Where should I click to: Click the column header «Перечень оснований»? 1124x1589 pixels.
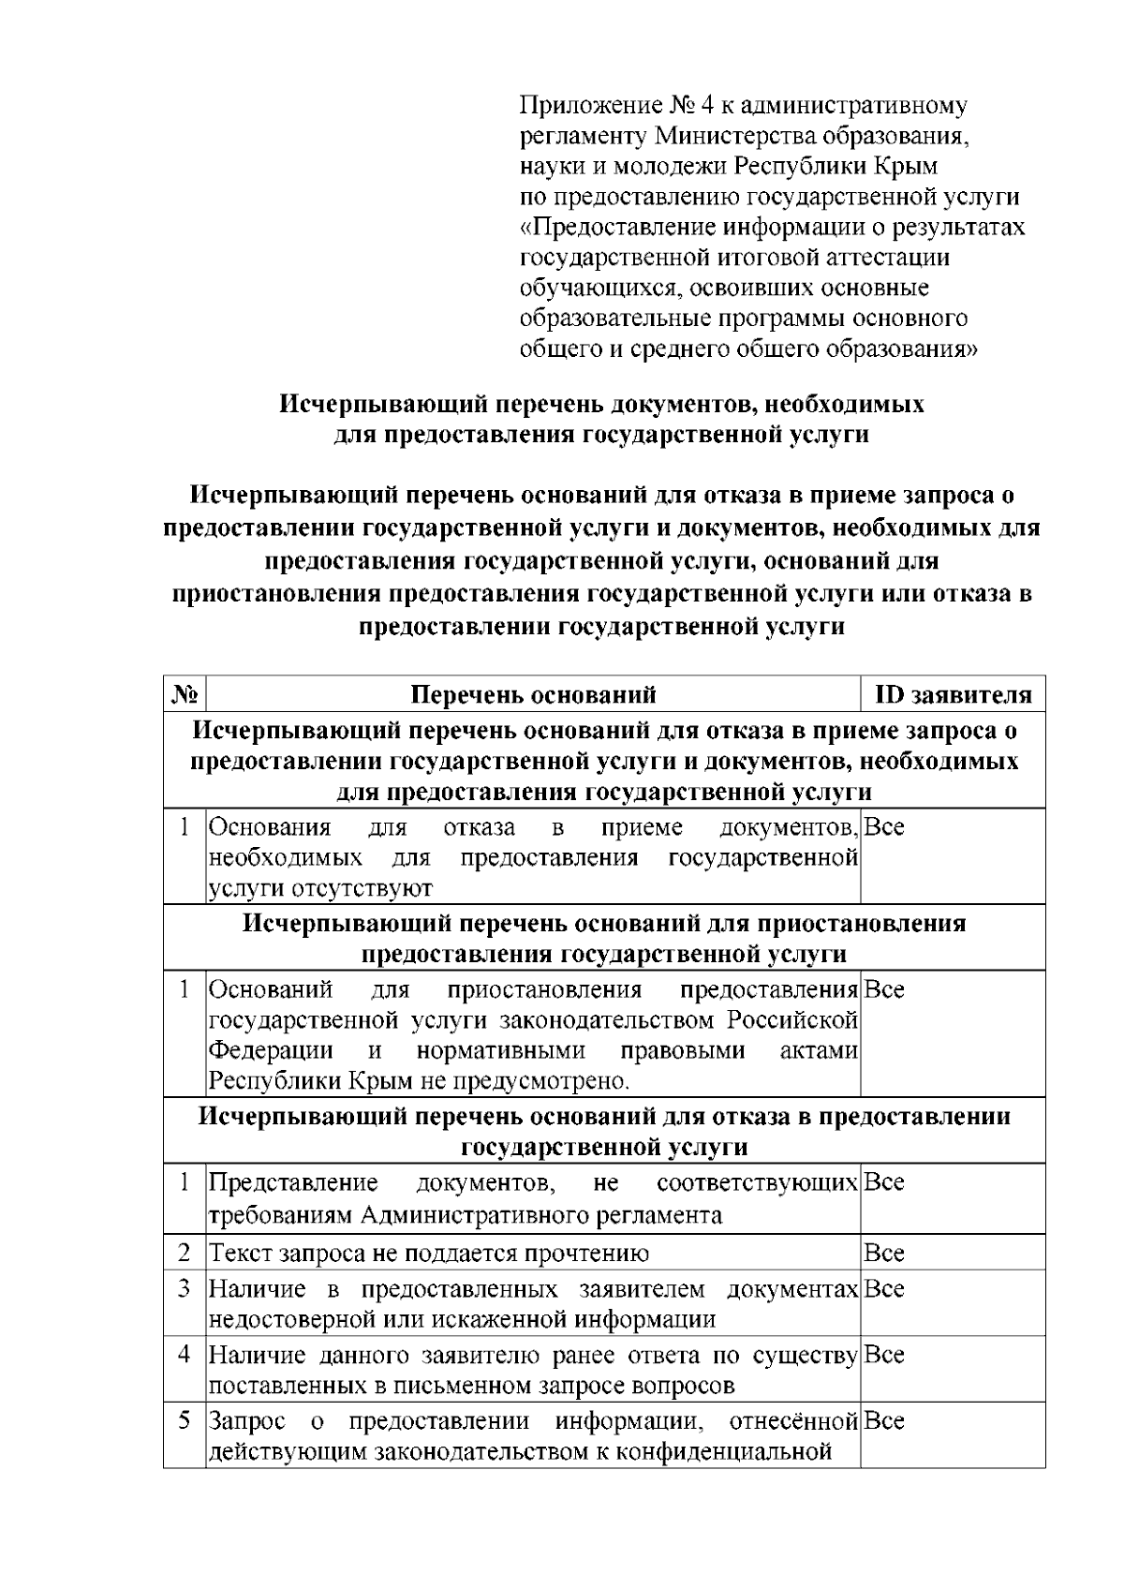[533, 695]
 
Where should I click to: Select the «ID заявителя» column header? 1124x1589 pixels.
[953, 695]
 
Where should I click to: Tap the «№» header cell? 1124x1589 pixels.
[185, 695]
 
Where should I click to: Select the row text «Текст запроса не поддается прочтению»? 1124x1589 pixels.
[428, 1254]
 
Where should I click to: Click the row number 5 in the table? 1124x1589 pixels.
[185, 1420]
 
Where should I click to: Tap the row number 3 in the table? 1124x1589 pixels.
[185, 1288]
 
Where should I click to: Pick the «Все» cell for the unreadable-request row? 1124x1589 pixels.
[883, 1254]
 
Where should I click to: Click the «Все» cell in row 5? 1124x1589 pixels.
[883, 1421]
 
